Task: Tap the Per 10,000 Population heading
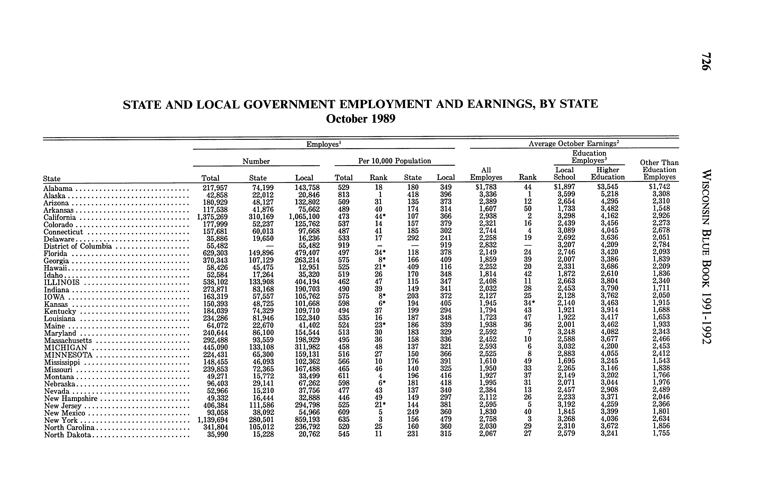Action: point(394,161)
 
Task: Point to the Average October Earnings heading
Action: point(574,143)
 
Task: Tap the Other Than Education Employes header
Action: point(659,170)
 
